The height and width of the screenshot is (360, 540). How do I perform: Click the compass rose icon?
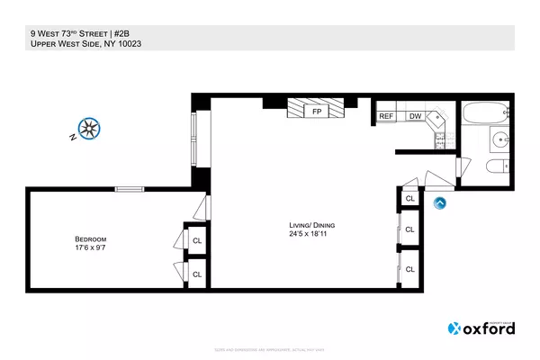pos(88,129)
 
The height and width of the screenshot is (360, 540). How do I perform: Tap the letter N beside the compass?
pos(72,139)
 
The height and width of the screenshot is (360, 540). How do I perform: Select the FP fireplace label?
pos(316,112)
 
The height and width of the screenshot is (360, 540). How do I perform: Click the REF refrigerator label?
pos(387,116)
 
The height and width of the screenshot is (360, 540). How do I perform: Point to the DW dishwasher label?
pos(415,116)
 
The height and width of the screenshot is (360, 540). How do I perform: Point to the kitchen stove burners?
pos(440,139)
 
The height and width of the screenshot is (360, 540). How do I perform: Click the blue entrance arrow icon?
pos(441,203)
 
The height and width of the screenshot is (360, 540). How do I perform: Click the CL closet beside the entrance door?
pos(409,198)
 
